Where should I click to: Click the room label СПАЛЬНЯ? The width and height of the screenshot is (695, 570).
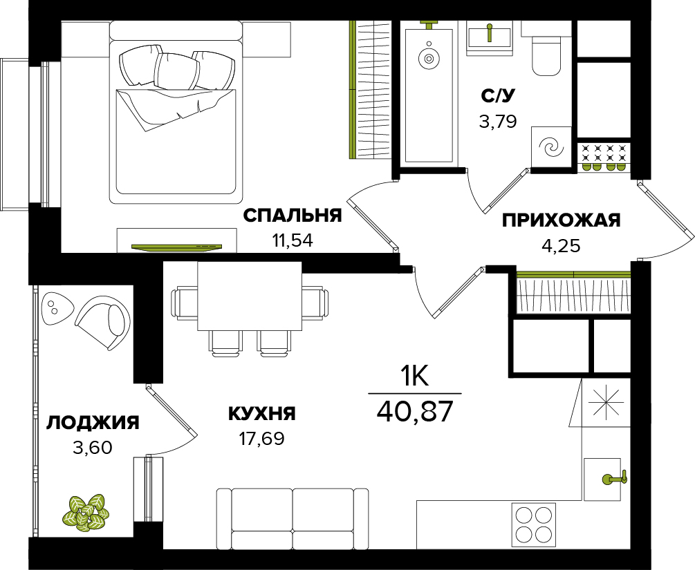pos(293,216)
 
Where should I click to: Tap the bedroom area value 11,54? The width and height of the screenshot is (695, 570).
pos(293,240)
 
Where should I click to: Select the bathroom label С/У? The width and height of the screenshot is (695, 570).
pos(499,95)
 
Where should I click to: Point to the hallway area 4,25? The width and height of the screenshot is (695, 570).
pos(561,245)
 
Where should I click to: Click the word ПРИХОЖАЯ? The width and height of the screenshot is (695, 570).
pos(561,220)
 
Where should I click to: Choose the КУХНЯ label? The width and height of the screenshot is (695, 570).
pos(261,414)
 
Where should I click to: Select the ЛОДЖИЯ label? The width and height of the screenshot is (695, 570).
pos(93,423)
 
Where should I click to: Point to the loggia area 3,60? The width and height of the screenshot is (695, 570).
pos(93,448)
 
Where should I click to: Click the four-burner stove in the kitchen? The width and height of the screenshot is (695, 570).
pos(534,525)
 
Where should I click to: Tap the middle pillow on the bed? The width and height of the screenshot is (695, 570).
pos(176,72)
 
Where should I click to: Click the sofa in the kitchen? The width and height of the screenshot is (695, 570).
pos(293,518)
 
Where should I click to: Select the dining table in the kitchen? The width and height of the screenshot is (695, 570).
pos(250,296)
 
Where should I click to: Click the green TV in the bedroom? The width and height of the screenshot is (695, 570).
pos(176,246)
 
